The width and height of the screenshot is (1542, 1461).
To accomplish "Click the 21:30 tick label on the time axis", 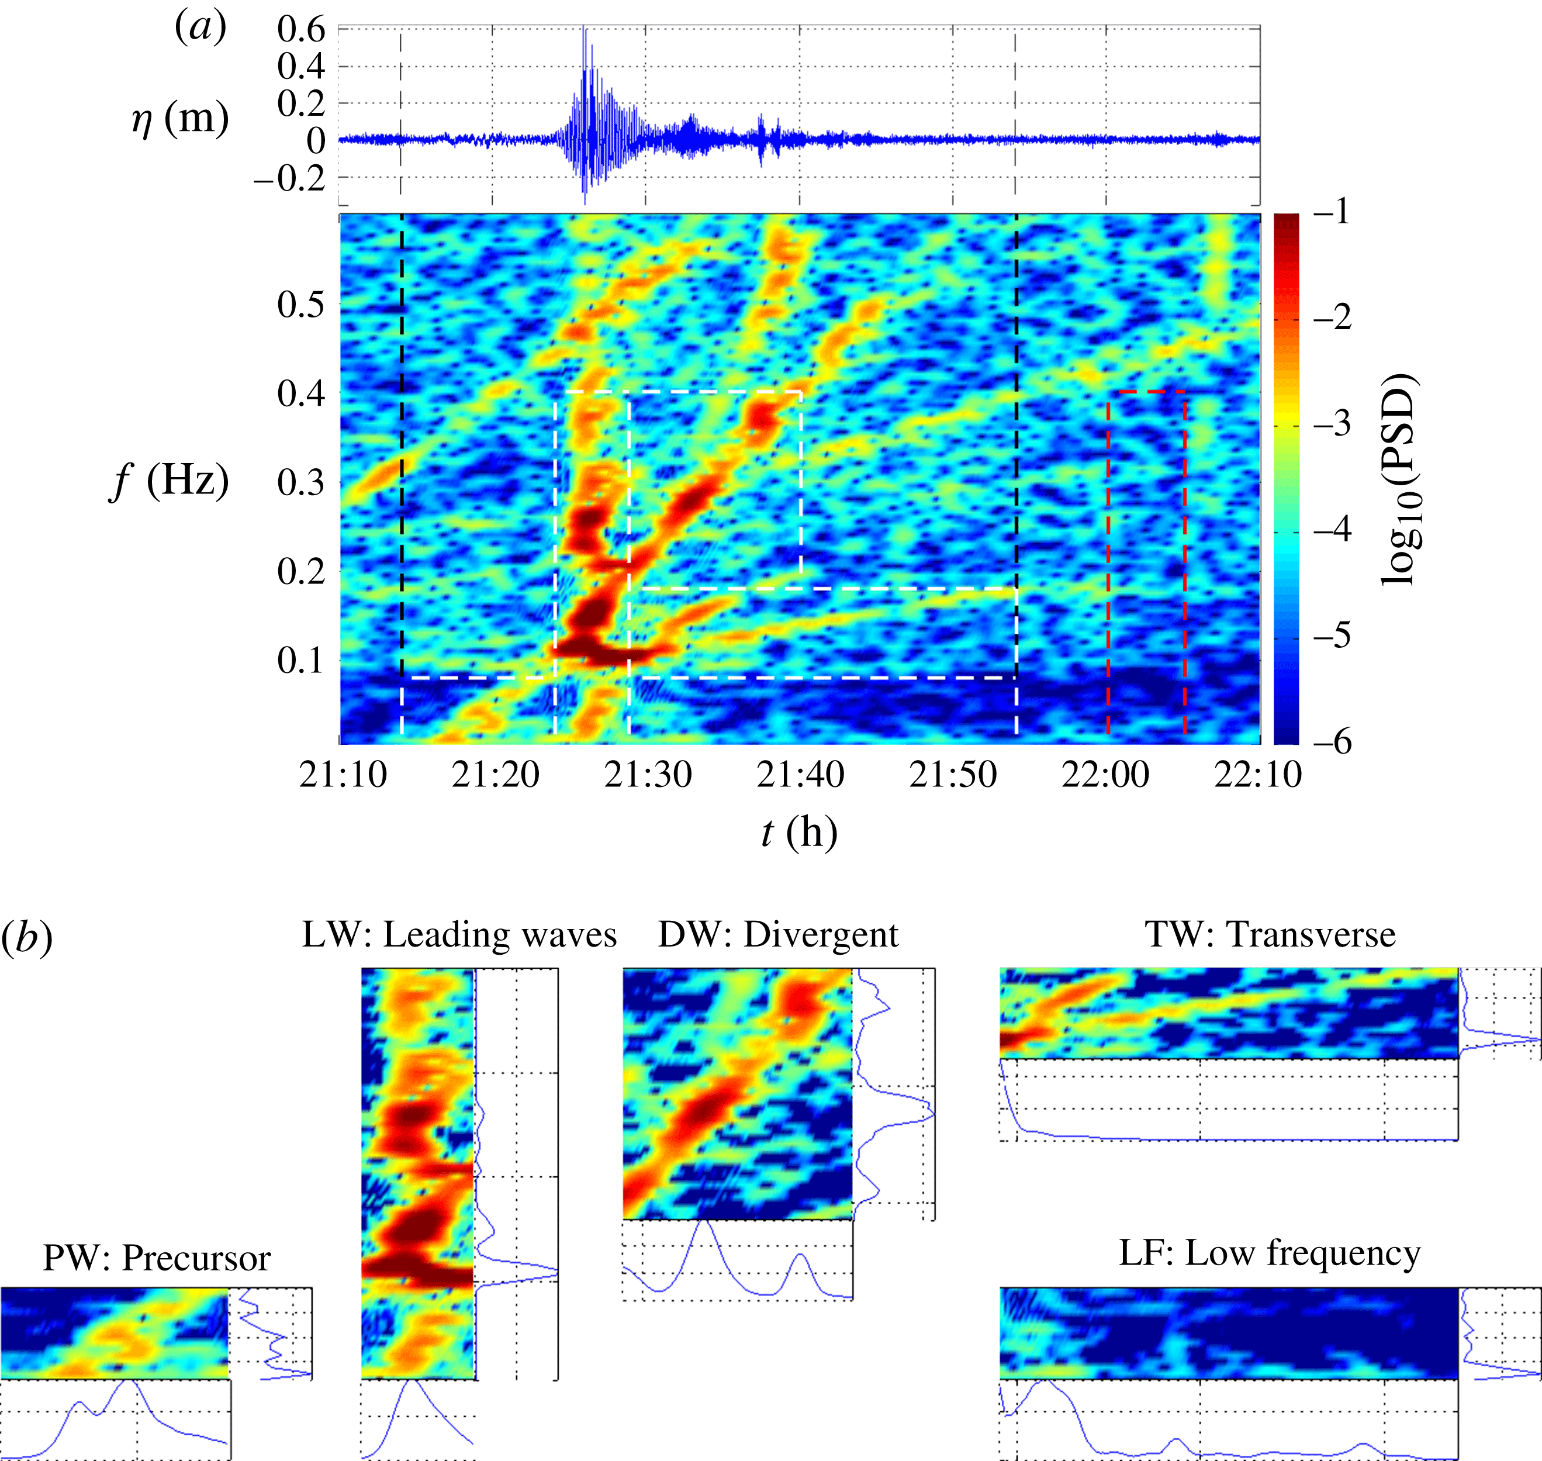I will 648,775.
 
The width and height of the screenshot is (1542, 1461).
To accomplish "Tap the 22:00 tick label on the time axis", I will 1105,775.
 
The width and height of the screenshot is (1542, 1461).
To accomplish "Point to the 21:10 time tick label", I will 343,775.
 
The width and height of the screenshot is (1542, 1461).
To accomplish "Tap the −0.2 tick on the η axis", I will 289,178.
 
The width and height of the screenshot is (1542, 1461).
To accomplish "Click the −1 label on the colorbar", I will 1333,212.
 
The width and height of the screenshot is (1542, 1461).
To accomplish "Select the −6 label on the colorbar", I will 1333,741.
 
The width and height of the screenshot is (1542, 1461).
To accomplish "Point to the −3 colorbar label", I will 1333,425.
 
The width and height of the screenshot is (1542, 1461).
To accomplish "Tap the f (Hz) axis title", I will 169,481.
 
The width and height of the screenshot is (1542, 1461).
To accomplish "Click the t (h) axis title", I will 799,833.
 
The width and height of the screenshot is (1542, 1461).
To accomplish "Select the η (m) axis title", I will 180,119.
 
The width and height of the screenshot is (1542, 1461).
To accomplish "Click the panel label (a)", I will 200,28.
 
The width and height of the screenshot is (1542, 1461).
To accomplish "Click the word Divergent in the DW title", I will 821,935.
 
